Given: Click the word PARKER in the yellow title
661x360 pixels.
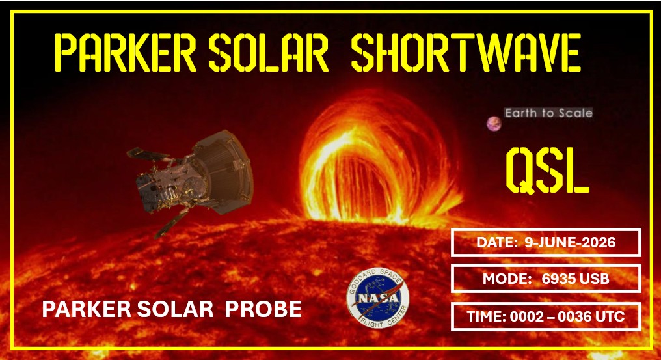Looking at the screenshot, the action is pyautogui.click(x=126, y=52).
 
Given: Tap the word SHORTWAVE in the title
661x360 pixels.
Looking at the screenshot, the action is pyautogui.click(x=466, y=52).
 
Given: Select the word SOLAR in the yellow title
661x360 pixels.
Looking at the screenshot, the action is pyautogui.click(x=269, y=52).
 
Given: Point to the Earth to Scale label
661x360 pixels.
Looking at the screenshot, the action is pyautogui.click(x=548, y=113).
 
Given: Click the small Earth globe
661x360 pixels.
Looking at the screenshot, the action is pyautogui.click(x=494, y=124).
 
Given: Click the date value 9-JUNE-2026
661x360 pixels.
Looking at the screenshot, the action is pyautogui.click(x=570, y=242).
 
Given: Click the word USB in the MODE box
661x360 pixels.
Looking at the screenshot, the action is pyautogui.click(x=593, y=279).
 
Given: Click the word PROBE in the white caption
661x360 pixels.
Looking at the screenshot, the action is pyautogui.click(x=263, y=309).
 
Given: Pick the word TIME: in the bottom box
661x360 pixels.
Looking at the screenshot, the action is pyautogui.click(x=487, y=316).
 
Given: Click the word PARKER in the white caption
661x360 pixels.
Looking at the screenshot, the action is pyautogui.click(x=87, y=309).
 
